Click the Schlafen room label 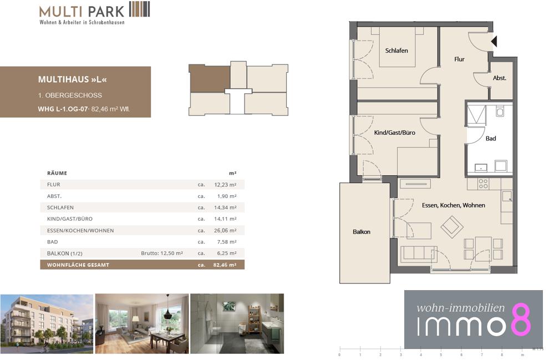point(396,50)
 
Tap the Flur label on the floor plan point(459,59)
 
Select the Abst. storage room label point(499,78)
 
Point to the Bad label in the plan point(490,139)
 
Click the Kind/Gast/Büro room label point(394,133)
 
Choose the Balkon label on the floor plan point(362,232)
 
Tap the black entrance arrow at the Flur point(494,42)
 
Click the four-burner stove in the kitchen point(483,184)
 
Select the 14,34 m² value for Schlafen point(225,207)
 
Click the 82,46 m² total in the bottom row point(225,265)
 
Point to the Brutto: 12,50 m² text point(162,253)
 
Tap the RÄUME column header point(57,173)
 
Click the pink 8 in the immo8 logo point(520,320)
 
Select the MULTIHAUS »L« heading point(73,79)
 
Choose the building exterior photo point(47,323)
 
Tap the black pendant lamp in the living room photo point(168,306)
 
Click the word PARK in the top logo point(106,12)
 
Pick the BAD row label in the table point(52,242)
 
